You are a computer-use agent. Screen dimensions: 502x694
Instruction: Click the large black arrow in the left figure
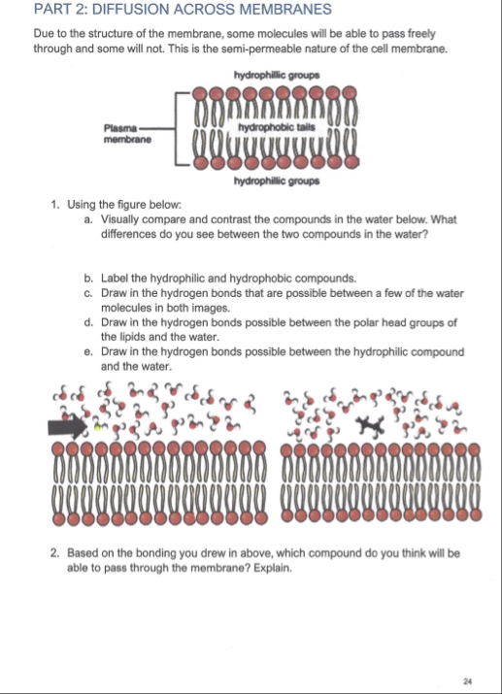click(x=67, y=427)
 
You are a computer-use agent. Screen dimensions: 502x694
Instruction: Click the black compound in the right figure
click(x=371, y=426)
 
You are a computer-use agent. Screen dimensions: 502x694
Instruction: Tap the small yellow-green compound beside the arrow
click(x=97, y=427)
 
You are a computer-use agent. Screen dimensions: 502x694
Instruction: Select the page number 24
click(x=467, y=681)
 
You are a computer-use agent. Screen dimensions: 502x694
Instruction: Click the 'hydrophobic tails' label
click(x=277, y=127)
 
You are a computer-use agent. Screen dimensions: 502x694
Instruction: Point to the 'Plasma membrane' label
click(x=127, y=134)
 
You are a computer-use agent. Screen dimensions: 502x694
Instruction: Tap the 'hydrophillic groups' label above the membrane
click(x=277, y=75)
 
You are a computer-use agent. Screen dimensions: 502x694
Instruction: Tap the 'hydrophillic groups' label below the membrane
click(x=277, y=182)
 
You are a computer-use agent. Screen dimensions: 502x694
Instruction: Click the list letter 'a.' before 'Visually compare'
click(x=88, y=219)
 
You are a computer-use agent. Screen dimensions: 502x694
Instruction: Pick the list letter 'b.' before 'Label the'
click(x=88, y=279)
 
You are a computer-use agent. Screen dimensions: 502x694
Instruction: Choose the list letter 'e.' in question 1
click(x=88, y=352)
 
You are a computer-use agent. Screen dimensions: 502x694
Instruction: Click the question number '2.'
click(x=55, y=553)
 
